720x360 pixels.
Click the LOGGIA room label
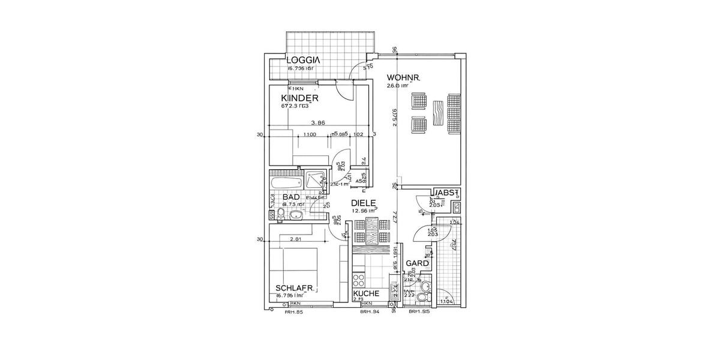303,60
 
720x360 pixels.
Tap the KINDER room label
299,98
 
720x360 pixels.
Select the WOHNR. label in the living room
403,77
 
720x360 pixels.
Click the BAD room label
291,197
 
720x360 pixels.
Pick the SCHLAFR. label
295,289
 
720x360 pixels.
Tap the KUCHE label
366,293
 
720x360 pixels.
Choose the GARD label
418,263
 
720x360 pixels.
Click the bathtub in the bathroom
286,181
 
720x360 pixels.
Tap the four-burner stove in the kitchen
359,279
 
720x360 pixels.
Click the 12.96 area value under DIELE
363,211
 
